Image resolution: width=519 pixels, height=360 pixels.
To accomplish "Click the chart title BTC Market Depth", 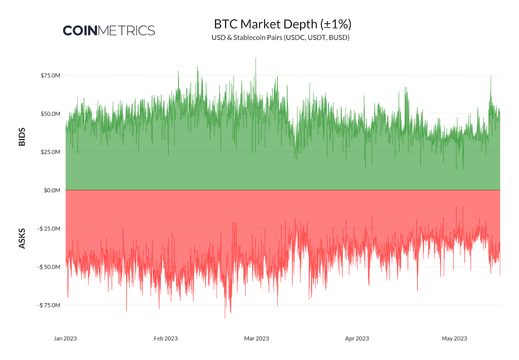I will tap(283, 24).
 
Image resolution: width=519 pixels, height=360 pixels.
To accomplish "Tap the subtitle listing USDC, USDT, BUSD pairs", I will tap(280, 38).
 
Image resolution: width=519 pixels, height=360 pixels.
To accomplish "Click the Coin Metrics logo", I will tap(109, 31).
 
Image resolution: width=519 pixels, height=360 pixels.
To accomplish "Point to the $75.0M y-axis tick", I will tap(50, 76).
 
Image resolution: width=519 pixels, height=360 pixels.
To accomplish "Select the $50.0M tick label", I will tap(50, 114).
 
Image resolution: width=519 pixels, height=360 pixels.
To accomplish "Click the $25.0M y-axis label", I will tap(50, 152).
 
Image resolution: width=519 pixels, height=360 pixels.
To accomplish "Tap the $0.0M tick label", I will tap(52, 190).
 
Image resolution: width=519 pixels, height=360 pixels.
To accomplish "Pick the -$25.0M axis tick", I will tap(49, 229).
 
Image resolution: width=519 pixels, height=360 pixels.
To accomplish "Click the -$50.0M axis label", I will tap(49, 267).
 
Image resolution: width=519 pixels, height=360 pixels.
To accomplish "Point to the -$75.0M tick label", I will tap(49, 305).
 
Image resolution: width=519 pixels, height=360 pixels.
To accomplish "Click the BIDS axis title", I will tap(22, 137).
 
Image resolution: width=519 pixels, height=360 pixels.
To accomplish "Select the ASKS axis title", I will tap(22, 239).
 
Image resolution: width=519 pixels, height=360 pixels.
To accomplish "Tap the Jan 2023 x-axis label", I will tap(65, 339).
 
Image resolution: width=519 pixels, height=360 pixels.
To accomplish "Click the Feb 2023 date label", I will tap(166, 339).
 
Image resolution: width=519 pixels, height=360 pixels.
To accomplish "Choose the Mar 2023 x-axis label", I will tap(257, 339).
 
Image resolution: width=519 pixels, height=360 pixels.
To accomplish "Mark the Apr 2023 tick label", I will tap(357, 339).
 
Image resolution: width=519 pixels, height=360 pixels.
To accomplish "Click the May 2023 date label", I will tap(454, 339).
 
